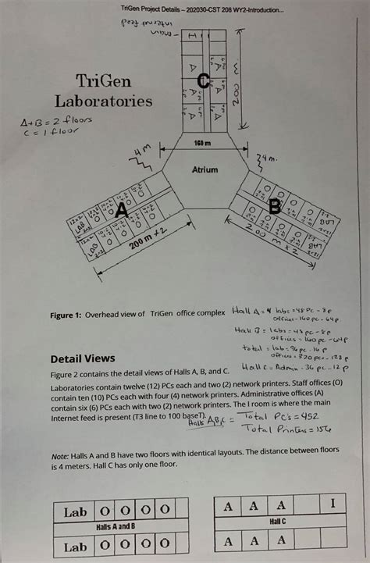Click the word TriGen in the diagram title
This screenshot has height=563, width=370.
click(102, 80)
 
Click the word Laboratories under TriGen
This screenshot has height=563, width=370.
click(103, 101)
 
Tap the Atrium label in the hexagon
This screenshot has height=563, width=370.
click(205, 169)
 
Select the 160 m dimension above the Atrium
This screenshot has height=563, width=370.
click(204, 143)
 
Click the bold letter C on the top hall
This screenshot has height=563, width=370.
click(203, 80)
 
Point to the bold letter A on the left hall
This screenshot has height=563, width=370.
click(121, 209)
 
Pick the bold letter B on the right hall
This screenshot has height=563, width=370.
click(274, 207)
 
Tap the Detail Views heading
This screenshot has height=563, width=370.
click(83, 359)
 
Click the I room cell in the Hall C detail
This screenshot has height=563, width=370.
click(333, 504)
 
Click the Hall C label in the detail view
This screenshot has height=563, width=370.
click(279, 520)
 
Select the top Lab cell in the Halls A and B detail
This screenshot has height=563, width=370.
click(75, 513)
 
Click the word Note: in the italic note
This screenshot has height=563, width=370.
click(60, 456)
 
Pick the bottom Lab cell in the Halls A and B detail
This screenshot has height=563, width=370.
click(75, 547)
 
